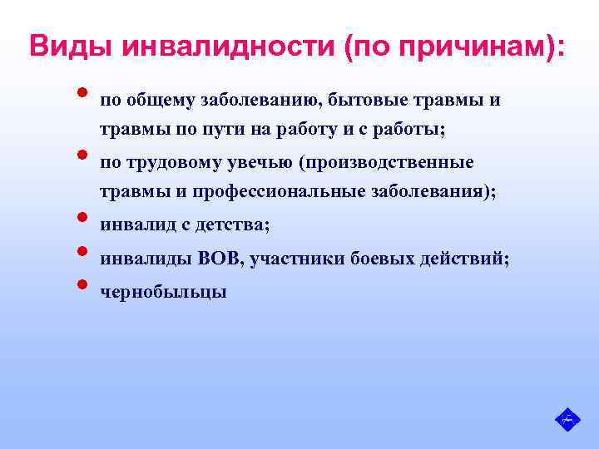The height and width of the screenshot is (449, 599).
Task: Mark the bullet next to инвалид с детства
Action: (x=83, y=218)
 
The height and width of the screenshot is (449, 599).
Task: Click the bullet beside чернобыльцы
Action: (x=83, y=284)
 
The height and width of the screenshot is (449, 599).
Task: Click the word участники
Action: (x=291, y=259)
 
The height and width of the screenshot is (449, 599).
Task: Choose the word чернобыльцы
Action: (x=163, y=292)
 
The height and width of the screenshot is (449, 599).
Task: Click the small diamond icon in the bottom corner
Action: (x=567, y=419)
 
